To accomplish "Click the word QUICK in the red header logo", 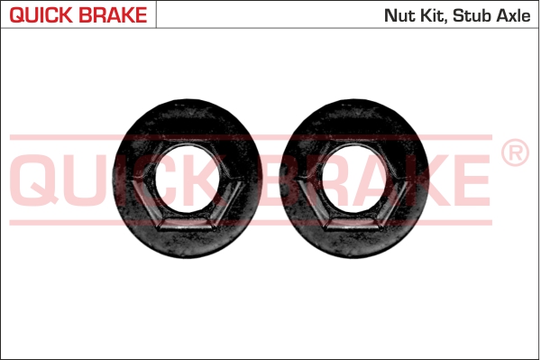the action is [41, 15].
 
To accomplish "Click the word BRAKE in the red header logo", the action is [113, 14].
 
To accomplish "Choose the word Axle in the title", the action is [513, 15].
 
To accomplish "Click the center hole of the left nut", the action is [188, 179].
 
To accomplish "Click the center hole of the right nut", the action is [354, 179].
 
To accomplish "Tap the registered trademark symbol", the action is [515, 152].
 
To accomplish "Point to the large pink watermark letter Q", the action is [34, 180].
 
